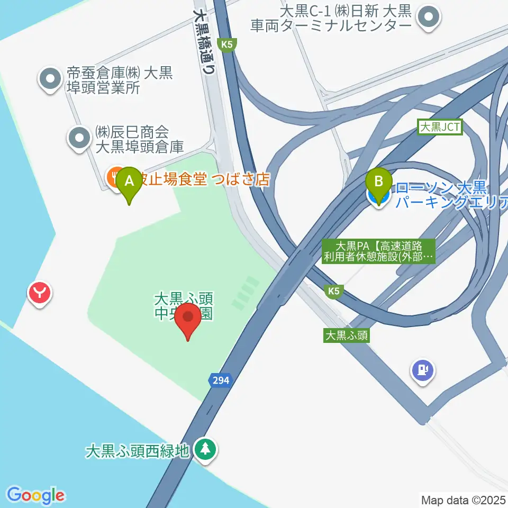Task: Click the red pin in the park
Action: point(188,319)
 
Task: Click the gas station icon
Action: point(423,370)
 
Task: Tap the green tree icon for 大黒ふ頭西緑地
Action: point(204,449)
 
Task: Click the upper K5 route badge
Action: point(227,45)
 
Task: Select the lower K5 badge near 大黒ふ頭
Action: point(333,291)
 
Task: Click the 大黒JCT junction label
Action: point(439,127)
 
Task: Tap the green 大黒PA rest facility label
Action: point(379,251)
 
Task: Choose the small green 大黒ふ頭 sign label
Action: point(347,335)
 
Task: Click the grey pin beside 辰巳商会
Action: point(80,138)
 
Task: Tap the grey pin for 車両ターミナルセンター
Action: point(428,17)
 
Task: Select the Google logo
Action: point(36,495)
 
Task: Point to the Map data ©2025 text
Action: point(464,500)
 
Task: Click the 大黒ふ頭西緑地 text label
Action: point(137,451)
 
